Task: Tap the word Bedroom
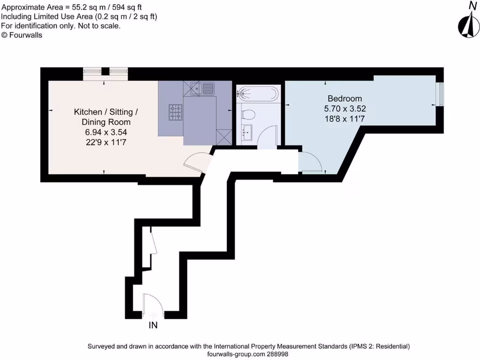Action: click(345, 98)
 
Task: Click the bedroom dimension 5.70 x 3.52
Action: click(345, 109)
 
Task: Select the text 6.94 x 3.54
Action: click(105, 132)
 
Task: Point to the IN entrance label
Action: click(153, 325)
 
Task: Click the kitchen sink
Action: click(202, 88)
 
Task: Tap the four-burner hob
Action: click(176, 112)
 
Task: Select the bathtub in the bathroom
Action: click(257, 93)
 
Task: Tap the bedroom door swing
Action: click(310, 163)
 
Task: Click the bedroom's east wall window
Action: click(439, 94)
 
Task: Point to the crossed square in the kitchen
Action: click(224, 137)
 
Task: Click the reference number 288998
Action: click(280, 354)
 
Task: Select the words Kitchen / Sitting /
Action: click(105, 112)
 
